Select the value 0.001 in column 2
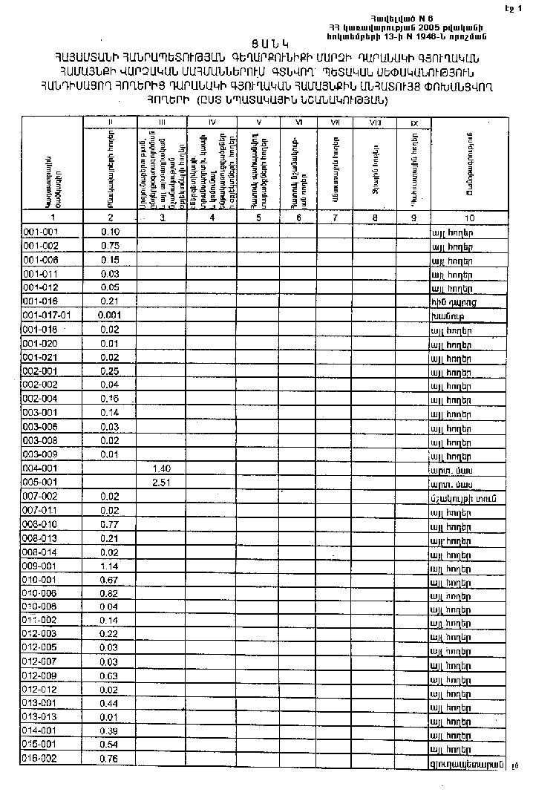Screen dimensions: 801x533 [x=110, y=315]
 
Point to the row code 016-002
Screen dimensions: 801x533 [x=40, y=759]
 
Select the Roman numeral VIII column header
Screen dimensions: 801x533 [x=375, y=122]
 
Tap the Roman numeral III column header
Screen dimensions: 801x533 [x=161, y=121]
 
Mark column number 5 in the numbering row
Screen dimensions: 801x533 [x=258, y=218]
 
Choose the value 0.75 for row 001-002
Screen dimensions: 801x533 [x=110, y=246]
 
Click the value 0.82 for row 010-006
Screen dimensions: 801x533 [x=110, y=593]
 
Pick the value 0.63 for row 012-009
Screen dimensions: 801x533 [x=110, y=676]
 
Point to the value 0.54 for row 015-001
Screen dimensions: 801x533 [x=110, y=744]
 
